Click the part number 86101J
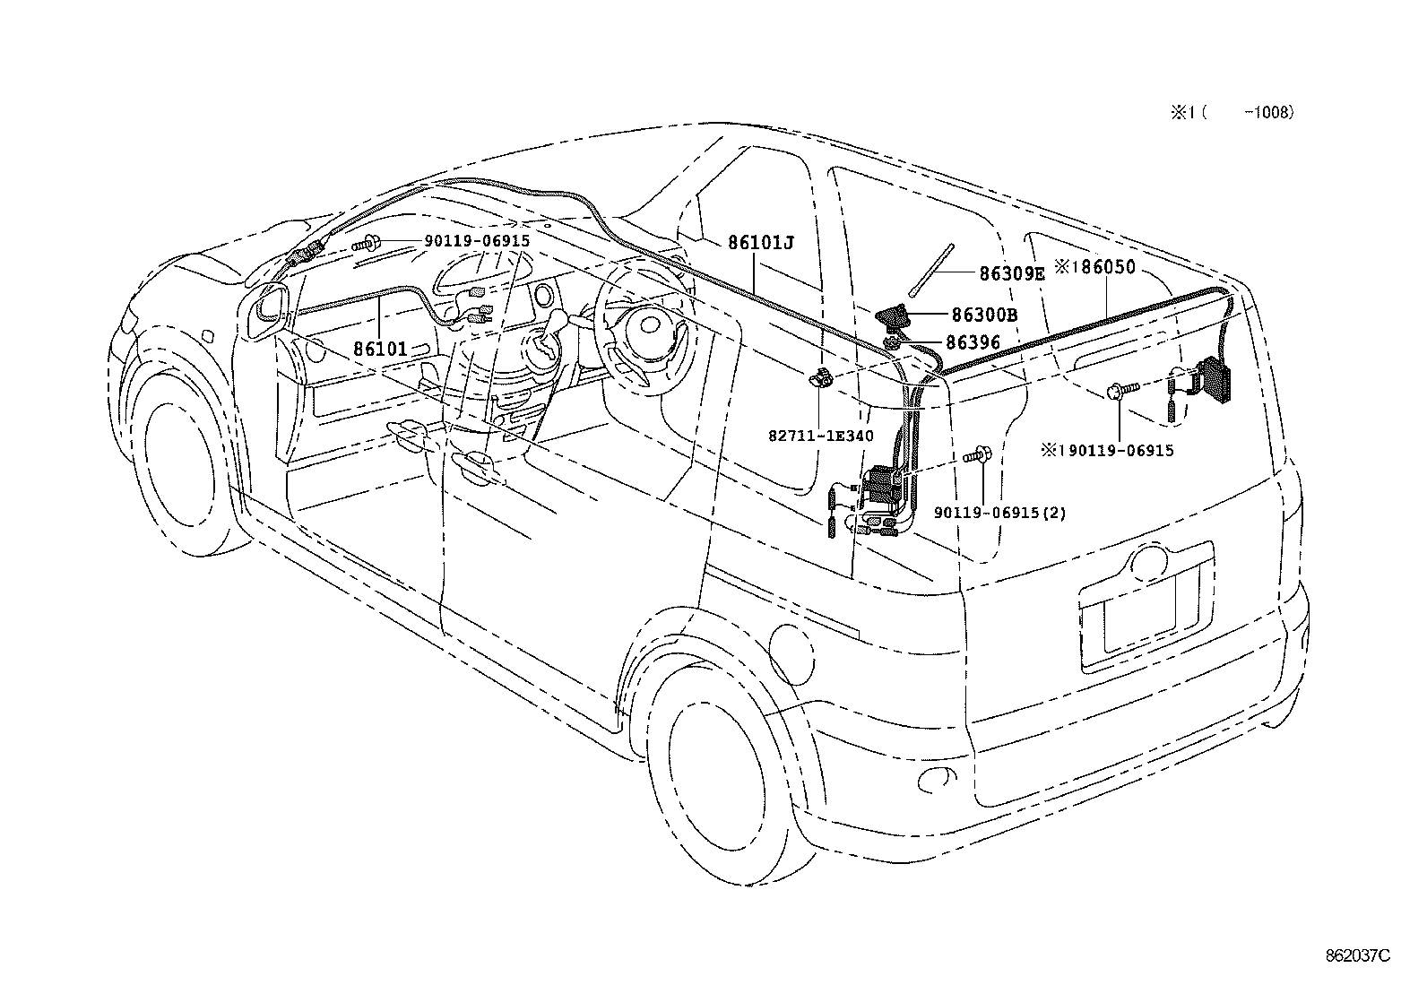761,243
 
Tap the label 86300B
983,315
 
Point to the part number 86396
973,342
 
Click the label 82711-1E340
821,436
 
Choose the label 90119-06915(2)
999,514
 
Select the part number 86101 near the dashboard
380,349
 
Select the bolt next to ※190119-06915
1121,389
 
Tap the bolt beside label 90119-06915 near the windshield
368,242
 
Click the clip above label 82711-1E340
820,380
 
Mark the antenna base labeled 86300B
893,316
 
